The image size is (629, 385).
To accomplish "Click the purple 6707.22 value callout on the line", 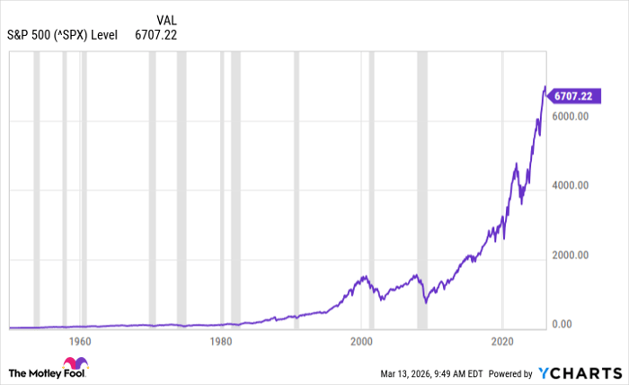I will click(572, 95).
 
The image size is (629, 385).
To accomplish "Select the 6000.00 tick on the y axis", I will click(571, 117).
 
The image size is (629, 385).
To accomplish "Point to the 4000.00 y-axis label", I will click(571, 186).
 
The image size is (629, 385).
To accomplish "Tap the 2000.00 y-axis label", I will click(571, 255).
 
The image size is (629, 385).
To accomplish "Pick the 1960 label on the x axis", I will click(80, 342).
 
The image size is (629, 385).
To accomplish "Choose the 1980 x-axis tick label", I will click(221, 342).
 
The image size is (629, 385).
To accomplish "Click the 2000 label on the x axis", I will click(361, 342).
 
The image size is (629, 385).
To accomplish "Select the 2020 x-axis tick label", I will click(502, 342).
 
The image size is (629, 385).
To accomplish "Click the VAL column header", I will click(166, 20).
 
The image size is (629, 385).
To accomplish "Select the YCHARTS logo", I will click(580, 372).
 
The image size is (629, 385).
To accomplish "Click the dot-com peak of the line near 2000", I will click(364, 277).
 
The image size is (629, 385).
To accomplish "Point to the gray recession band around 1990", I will click(295, 189).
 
